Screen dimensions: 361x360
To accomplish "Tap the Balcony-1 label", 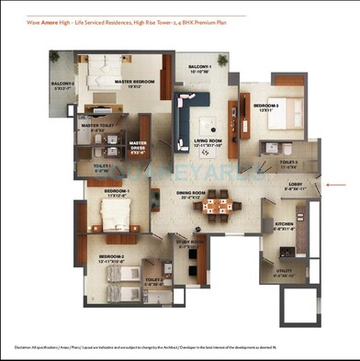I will (200, 70).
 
